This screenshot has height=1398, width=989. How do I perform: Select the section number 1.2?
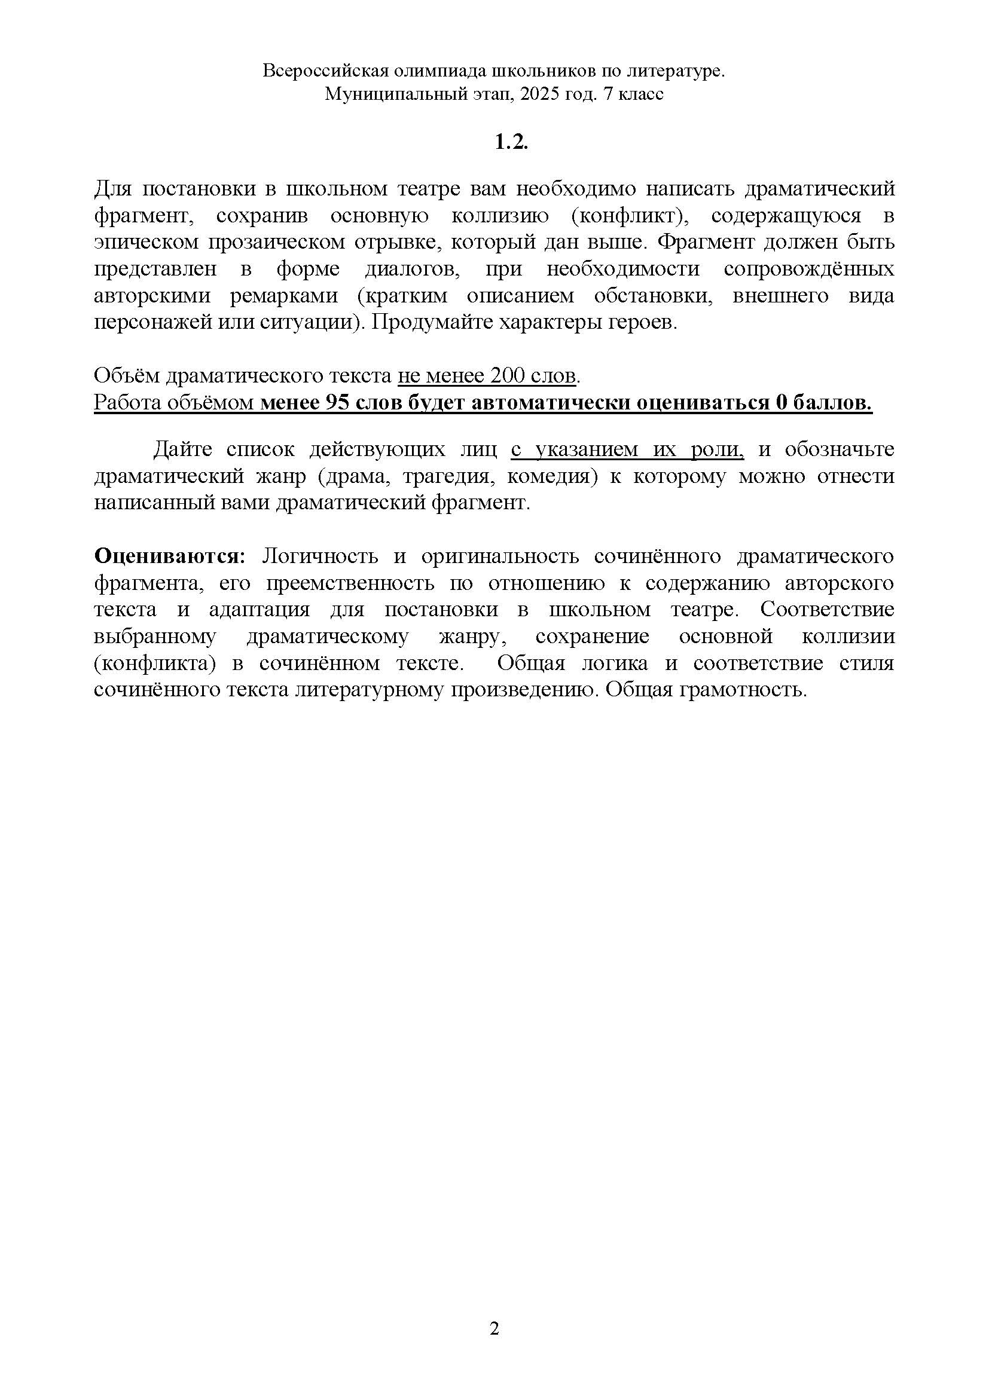pyautogui.click(x=510, y=142)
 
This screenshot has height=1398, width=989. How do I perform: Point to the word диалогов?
pyautogui.click(x=413, y=269)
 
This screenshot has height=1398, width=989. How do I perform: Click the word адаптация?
pyautogui.click(x=259, y=610)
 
